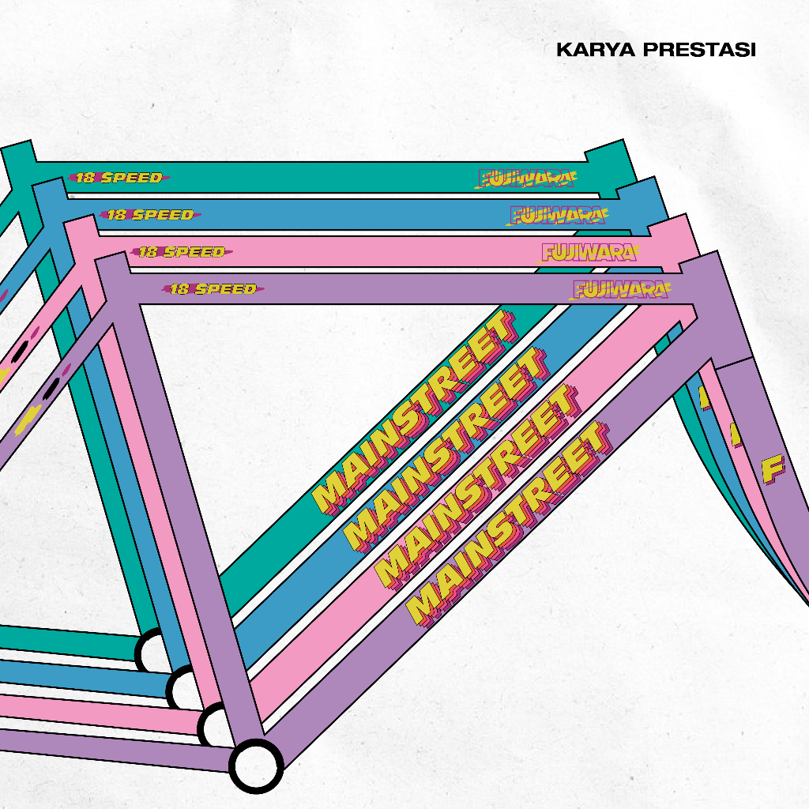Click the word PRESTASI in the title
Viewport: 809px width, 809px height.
[699, 50]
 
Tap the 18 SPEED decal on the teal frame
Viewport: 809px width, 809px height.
[119, 178]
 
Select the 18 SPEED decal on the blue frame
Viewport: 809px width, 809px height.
[150, 215]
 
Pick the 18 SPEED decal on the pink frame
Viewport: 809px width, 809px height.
[182, 252]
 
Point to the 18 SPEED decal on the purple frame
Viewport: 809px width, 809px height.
[213, 289]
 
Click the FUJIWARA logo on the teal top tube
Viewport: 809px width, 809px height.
[525, 179]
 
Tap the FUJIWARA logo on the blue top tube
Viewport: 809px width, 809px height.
[557, 215]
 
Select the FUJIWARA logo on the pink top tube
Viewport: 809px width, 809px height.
[589, 252]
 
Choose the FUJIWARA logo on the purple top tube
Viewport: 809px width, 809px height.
[620, 289]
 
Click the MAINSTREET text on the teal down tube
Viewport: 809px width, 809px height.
[414, 412]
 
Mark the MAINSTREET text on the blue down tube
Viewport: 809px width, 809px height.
[446, 450]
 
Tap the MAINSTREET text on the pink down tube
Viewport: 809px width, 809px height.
[476, 487]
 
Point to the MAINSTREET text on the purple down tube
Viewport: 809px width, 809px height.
[509, 524]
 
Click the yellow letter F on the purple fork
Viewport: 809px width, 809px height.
[773, 469]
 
